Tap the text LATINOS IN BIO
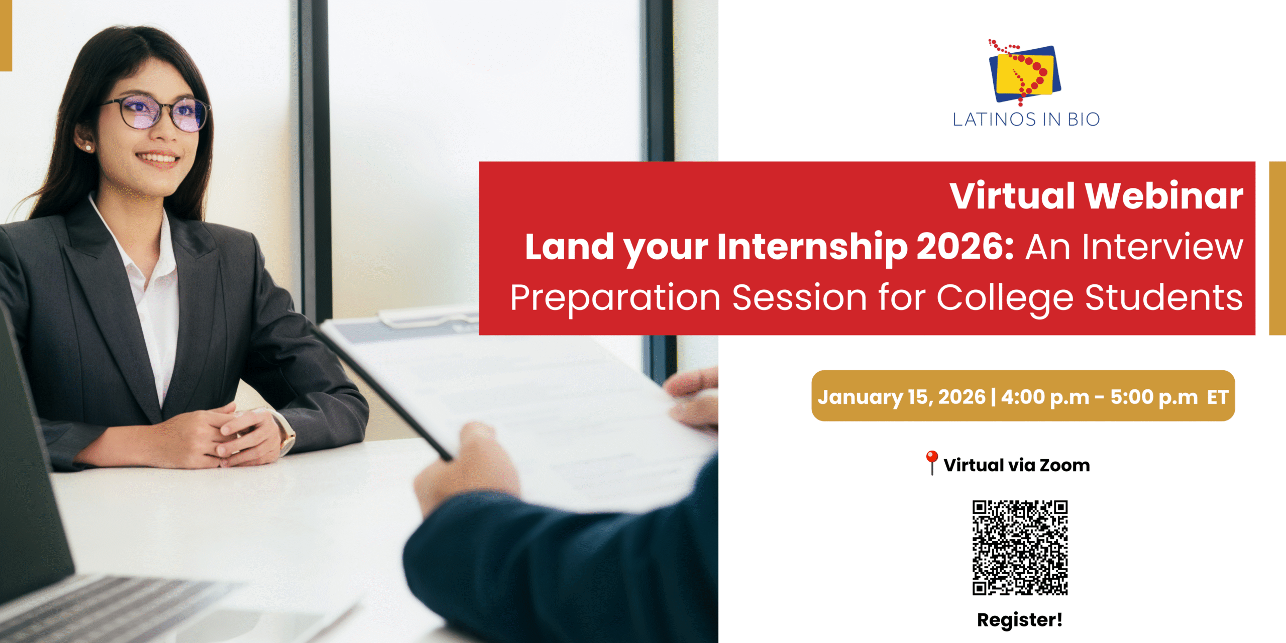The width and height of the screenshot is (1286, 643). tap(1026, 120)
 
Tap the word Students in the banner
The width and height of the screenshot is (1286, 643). tap(1164, 297)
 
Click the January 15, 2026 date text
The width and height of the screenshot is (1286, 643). tap(902, 397)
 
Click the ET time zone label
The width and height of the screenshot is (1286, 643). tap(1218, 397)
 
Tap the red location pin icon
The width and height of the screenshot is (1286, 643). tap(931, 463)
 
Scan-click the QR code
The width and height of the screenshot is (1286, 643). tap(1020, 548)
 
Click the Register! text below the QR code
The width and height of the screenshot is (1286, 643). tap(1020, 620)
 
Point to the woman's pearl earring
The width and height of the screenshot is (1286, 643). tap(88, 147)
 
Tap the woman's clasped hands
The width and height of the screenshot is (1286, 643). tap(221, 435)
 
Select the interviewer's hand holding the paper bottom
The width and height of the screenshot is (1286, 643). tap(465, 467)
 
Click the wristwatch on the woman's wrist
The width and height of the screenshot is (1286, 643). tap(285, 433)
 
